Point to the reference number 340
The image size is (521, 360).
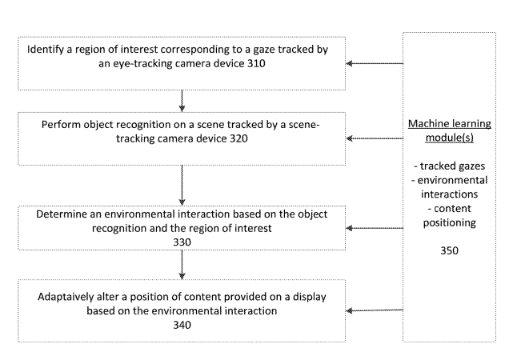[183, 326]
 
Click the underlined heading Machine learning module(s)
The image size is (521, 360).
[449, 130]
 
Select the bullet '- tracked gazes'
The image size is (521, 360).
[449, 166]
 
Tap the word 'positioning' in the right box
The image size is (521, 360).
[449, 223]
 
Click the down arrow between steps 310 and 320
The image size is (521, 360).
[183, 100]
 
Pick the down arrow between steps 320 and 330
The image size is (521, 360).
[183, 184]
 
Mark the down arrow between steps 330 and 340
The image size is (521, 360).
[183, 263]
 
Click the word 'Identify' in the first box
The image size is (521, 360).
[46, 50]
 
